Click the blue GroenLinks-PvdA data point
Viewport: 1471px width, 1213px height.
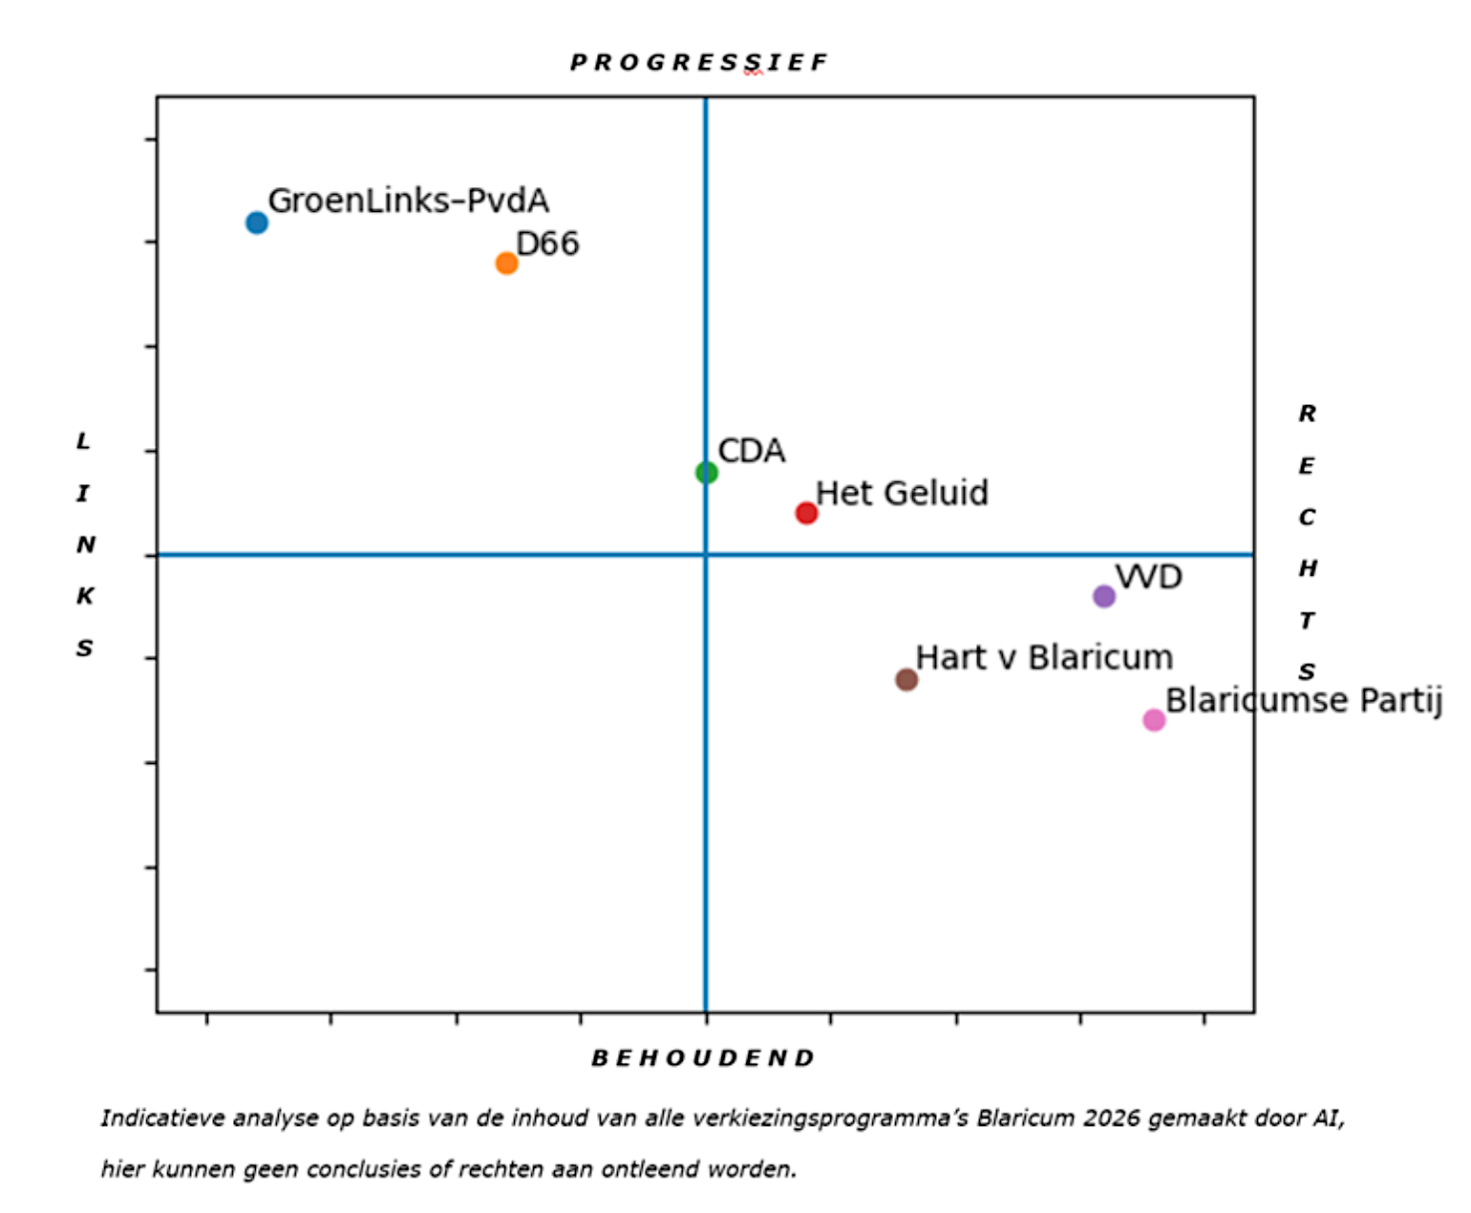pyautogui.click(x=257, y=223)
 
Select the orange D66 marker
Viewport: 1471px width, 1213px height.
pyautogui.click(x=506, y=263)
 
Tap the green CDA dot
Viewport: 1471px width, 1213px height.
pyautogui.click(x=706, y=472)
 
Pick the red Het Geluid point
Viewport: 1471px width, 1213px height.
pyautogui.click(x=806, y=513)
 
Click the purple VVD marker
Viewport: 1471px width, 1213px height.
pyautogui.click(x=1103, y=596)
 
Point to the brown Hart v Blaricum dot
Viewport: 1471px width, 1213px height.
pyautogui.click(x=906, y=679)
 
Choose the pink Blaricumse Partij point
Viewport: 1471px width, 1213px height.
pyautogui.click(x=1154, y=719)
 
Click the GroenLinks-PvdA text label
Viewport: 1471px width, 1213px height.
pyautogui.click(x=408, y=201)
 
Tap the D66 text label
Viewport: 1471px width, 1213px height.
pyautogui.click(x=547, y=244)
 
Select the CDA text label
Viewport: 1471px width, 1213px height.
pyautogui.click(x=751, y=451)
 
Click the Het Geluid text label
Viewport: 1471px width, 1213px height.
pyautogui.click(x=902, y=493)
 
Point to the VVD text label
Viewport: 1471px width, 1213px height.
pyautogui.click(x=1148, y=577)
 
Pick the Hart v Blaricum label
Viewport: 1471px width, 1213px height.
pyautogui.click(x=1044, y=657)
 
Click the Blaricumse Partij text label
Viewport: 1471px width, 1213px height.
pyautogui.click(x=1303, y=700)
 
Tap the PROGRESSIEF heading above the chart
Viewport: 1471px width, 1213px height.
pyautogui.click(x=699, y=63)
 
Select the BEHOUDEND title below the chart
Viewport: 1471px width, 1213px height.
pyautogui.click(x=703, y=1058)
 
